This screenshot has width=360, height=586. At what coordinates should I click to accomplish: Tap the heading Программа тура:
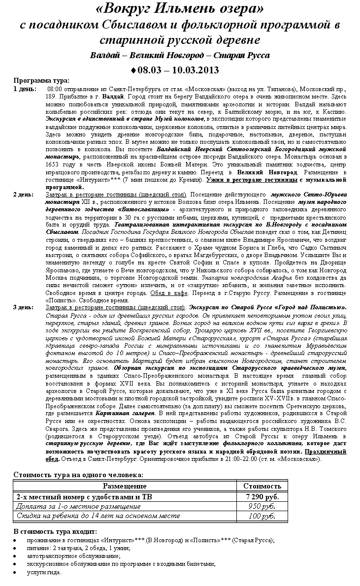41,81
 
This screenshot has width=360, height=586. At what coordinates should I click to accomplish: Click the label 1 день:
24,89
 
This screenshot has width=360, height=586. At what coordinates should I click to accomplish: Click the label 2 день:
24,195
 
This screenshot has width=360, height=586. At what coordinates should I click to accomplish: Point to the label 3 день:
24,308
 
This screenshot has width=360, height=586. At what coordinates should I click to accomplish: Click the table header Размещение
125,486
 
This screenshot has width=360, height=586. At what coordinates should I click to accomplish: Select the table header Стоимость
262,486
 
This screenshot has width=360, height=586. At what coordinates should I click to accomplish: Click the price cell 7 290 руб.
262,496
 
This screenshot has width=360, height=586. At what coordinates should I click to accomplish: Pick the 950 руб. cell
262,506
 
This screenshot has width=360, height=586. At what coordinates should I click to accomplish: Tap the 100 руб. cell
262,516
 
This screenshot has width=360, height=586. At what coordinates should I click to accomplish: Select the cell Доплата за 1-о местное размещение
72,506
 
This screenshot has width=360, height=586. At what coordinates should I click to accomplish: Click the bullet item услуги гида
44,573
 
